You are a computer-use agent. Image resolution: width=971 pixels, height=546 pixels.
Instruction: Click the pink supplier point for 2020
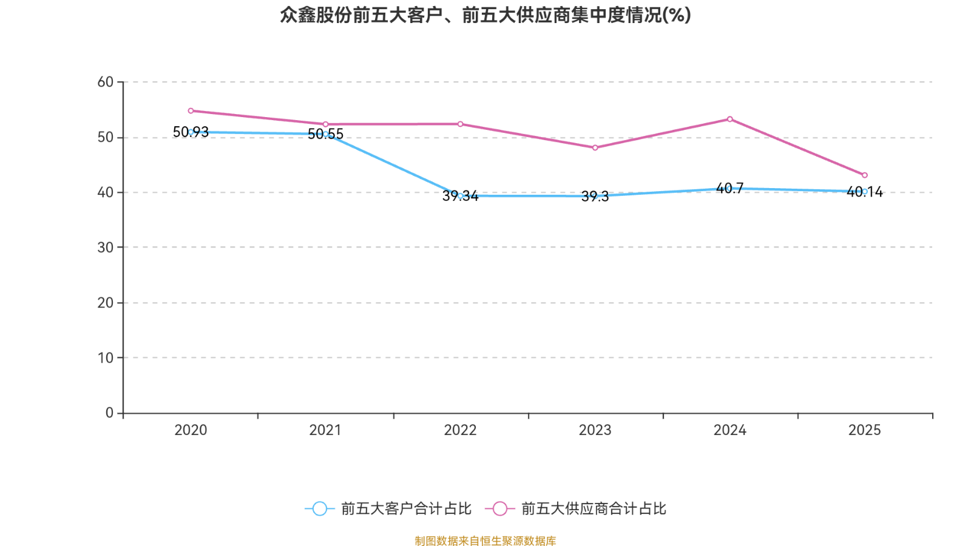191,111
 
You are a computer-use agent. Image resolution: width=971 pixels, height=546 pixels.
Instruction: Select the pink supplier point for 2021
325,124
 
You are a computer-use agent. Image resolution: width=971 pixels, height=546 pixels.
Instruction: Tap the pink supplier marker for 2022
460,124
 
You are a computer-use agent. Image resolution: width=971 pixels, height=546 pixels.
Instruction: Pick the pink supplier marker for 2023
595,148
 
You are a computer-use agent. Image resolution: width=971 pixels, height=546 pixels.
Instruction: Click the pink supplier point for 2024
729,119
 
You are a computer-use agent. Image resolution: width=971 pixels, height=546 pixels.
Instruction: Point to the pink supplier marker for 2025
864,175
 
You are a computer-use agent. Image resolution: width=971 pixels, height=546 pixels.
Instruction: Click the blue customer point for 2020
191,132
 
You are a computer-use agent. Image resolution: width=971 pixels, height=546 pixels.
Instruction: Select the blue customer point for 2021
325,134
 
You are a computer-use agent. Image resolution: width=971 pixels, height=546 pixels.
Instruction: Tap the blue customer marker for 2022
460,196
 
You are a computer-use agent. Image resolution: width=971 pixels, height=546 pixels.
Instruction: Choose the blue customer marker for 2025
864,192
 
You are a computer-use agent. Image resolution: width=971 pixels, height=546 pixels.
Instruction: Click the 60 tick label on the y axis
105,82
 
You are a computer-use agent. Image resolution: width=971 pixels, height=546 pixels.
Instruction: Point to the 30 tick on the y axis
105,248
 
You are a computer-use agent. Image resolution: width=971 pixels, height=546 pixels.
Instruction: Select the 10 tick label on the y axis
105,358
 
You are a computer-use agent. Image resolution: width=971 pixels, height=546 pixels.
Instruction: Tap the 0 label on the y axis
109,413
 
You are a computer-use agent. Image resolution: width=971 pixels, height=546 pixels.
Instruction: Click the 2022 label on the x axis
460,430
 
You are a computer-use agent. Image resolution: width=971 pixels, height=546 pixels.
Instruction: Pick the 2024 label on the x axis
729,430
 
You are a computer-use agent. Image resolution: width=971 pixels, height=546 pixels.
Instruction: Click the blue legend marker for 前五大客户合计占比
319,508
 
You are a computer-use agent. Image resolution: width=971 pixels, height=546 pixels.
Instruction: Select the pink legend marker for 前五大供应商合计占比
499,508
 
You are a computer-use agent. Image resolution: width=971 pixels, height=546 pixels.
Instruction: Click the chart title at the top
485,15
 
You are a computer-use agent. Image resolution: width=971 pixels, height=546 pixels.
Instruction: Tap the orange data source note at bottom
485,541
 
